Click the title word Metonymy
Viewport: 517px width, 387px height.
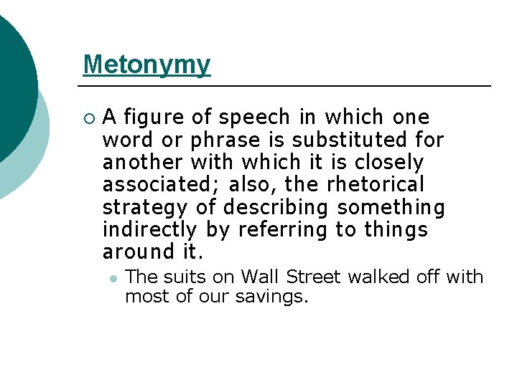click(146, 64)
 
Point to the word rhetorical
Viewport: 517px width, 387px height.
click(376, 185)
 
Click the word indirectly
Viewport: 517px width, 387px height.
click(149, 230)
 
